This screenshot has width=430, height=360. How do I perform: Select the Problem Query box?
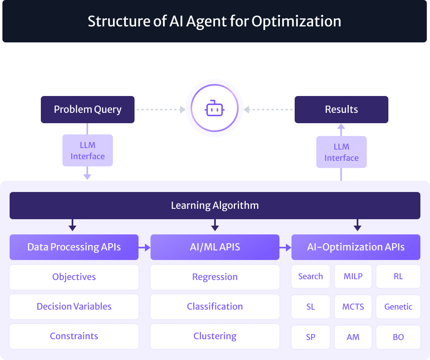coord(88,110)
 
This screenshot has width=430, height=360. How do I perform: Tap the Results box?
coord(341,110)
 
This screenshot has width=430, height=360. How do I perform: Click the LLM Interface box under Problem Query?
coord(88,150)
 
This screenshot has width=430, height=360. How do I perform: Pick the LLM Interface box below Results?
coord(341,152)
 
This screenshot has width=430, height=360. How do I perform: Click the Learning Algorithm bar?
coord(215,206)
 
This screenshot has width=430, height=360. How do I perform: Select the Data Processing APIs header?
coord(74,247)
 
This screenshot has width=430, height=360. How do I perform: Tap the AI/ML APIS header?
coord(215,247)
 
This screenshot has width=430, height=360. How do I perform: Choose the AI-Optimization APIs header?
coord(356,247)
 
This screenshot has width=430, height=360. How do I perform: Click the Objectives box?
coord(74,277)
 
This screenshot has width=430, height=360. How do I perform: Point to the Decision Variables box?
coord(74,306)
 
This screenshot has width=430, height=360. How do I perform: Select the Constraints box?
coord(74,336)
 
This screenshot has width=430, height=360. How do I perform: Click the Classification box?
coord(215,306)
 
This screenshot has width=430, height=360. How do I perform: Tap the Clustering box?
coord(215,336)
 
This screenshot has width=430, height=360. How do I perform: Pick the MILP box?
coord(353,276)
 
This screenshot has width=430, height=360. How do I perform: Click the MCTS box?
coord(353,307)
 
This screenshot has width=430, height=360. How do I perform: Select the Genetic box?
coord(398,307)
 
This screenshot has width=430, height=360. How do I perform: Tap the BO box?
coord(398,337)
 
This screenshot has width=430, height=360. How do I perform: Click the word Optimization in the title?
coord(296,21)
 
